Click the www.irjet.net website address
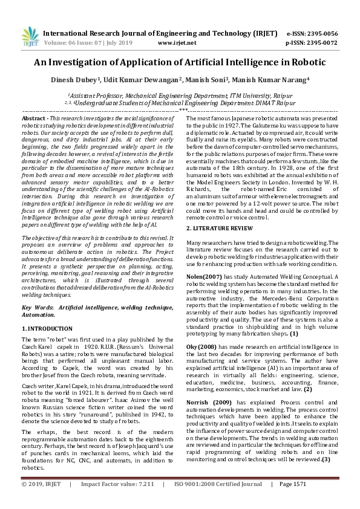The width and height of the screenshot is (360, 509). [x=175, y=44]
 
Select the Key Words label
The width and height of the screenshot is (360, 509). [x=38, y=308]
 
